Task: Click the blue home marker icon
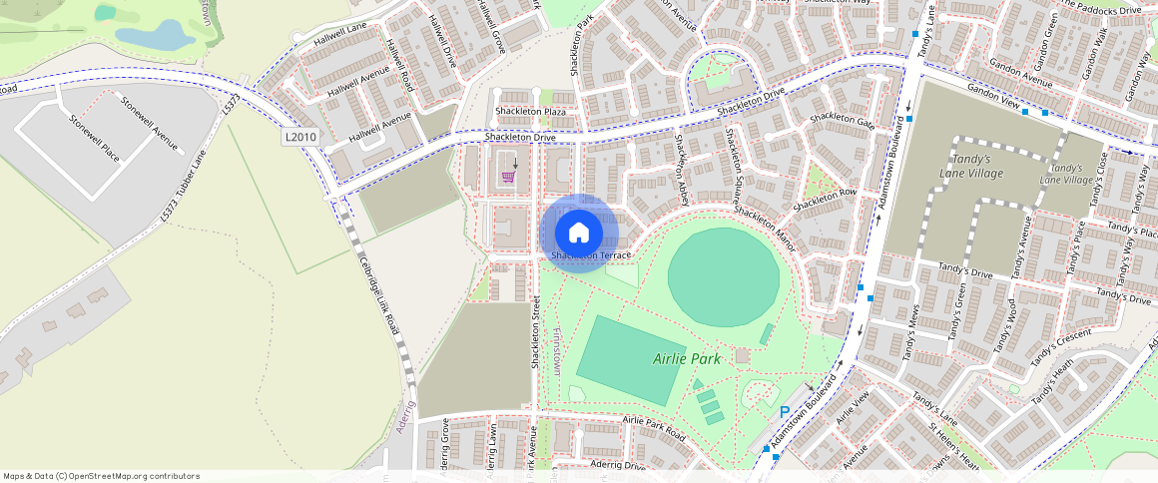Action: [x=578, y=233]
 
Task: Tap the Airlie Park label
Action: [x=687, y=358]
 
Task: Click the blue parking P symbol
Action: [x=785, y=412]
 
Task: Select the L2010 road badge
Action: [x=299, y=138]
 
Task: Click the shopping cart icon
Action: [x=509, y=177]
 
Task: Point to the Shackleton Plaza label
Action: [x=530, y=111]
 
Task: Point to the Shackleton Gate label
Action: [x=842, y=120]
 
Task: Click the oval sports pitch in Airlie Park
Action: [x=724, y=276]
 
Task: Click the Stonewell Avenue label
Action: [x=150, y=124]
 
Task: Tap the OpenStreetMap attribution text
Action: [x=101, y=476]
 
